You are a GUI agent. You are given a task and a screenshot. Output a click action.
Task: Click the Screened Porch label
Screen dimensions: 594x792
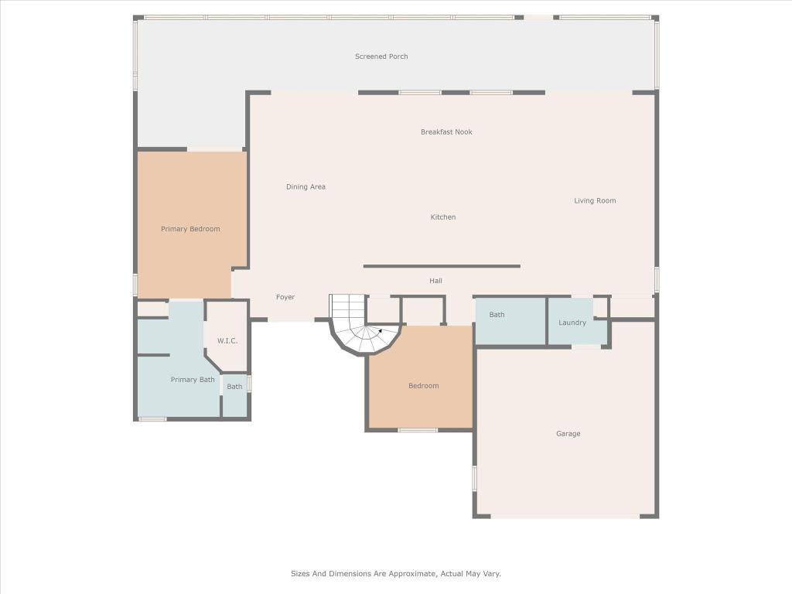click(x=381, y=56)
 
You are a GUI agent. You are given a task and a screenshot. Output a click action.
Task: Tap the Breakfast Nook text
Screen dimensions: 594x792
click(x=446, y=132)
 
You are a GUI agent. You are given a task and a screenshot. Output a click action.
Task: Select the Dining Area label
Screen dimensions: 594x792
click(x=306, y=187)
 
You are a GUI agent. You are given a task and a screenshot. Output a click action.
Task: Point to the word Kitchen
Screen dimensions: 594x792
click(x=443, y=217)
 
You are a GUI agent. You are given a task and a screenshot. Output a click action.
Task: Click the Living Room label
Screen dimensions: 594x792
click(x=595, y=201)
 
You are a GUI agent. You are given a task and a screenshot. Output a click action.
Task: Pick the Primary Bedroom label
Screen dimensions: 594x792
click(x=190, y=229)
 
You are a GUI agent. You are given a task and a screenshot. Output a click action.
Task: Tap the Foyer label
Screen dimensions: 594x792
click(x=285, y=298)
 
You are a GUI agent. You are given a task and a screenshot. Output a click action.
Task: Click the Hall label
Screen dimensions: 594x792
click(x=435, y=282)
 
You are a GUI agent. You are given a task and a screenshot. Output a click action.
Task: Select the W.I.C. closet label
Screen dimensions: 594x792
click(x=227, y=341)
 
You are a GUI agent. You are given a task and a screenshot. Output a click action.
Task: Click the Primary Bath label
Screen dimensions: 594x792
click(x=193, y=380)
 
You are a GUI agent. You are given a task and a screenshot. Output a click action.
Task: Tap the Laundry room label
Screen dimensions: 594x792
click(x=572, y=323)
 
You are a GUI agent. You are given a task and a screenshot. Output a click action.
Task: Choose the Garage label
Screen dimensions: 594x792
click(x=568, y=434)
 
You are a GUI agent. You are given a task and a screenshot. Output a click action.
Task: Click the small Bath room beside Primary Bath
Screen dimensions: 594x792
click(x=234, y=387)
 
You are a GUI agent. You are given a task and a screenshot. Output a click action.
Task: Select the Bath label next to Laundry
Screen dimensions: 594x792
click(x=497, y=315)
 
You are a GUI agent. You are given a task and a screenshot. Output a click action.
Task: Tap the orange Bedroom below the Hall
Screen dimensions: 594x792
click(x=423, y=386)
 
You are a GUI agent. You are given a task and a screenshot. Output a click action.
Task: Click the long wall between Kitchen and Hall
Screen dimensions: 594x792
click(x=442, y=266)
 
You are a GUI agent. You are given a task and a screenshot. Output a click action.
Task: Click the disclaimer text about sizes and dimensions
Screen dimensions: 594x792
click(x=395, y=574)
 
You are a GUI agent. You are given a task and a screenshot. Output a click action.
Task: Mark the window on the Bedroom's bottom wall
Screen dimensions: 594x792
click(x=418, y=430)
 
